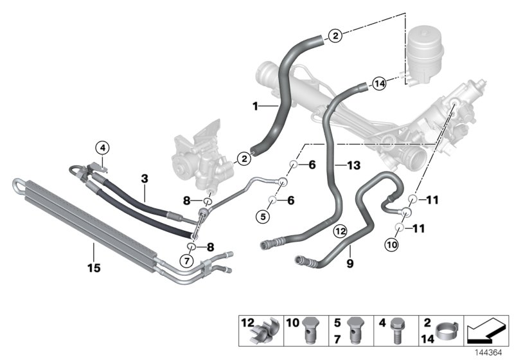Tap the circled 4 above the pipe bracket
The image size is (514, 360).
pos(102,148)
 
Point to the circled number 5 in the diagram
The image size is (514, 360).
pos(262,216)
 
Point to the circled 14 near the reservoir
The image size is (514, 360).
pos(379,83)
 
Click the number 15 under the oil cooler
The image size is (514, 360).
pos(94,268)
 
